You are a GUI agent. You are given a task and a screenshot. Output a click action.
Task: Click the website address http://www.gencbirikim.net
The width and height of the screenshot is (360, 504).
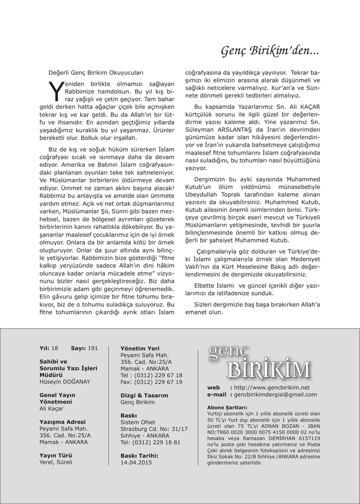[x=272, y=387]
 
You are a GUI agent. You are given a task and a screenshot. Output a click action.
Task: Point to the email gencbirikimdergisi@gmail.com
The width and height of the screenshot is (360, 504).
[x=275, y=394]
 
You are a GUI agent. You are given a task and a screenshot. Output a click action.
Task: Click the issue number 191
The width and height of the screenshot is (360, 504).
[x=93, y=348]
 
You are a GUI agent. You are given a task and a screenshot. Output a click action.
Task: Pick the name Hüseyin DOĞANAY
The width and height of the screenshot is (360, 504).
[x=65, y=381]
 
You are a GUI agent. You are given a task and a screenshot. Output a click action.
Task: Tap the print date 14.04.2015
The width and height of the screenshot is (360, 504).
[x=136, y=462]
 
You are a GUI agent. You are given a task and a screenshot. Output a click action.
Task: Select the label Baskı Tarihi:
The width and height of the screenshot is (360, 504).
[x=140, y=455]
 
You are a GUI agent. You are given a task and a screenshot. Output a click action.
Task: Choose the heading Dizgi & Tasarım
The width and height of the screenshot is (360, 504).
[x=144, y=395]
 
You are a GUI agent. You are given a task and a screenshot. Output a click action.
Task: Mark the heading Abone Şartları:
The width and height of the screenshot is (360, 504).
[x=227, y=408]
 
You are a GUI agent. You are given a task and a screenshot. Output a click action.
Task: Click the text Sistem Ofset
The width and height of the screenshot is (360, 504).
[x=138, y=422]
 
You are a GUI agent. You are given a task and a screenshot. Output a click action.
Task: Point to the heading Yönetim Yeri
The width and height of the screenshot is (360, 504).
[x=140, y=348]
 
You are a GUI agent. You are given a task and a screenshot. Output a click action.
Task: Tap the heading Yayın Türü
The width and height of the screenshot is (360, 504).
[x=56, y=455]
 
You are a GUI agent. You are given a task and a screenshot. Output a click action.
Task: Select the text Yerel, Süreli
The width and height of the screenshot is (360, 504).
[x=56, y=462]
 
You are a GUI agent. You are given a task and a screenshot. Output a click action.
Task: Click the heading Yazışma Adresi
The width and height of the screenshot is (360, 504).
[x=62, y=422]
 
